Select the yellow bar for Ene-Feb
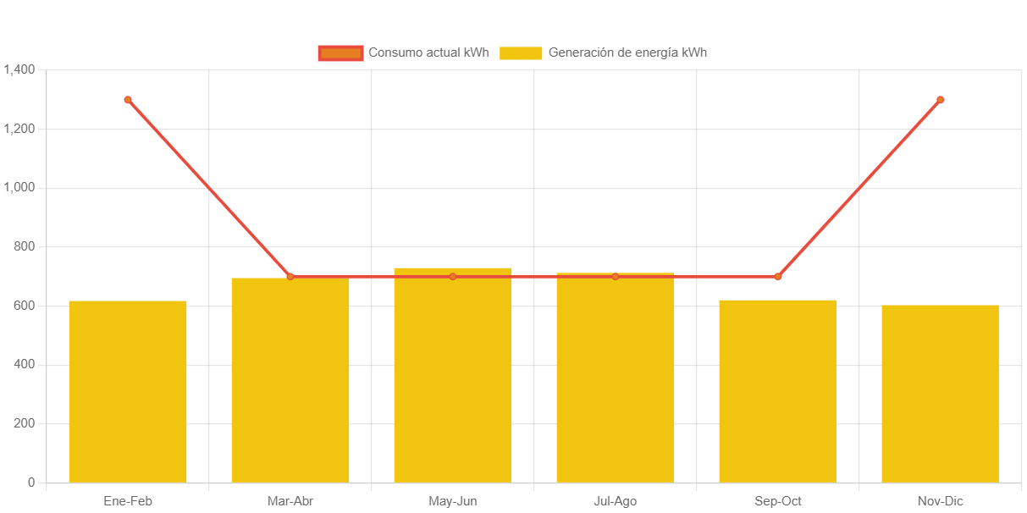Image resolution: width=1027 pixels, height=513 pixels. [128, 391]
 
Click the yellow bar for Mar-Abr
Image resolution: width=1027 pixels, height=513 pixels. [290, 380]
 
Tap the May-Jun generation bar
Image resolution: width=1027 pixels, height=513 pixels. [453, 375]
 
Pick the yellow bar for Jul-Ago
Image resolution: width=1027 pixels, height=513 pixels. [616, 378]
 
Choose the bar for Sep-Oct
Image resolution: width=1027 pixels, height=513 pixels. [778, 391]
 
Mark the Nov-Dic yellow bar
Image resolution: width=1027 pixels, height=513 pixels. [940, 394]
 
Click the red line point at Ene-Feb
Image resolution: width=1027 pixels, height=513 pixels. [128, 100]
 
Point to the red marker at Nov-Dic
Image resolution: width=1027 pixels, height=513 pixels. [940, 100]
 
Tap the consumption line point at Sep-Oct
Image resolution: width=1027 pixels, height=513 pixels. [778, 277]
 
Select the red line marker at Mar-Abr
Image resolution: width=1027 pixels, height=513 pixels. [290, 277]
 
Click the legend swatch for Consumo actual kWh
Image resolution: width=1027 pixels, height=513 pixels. [340, 53]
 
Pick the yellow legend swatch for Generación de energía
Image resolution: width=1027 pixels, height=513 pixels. [521, 53]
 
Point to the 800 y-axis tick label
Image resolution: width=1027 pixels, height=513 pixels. [24, 246]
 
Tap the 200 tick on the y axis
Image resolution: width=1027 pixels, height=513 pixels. [24, 423]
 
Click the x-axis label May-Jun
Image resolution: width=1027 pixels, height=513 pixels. [453, 501]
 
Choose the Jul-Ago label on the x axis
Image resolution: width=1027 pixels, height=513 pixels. [616, 501]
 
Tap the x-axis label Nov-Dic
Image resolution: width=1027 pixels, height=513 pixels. [940, 501]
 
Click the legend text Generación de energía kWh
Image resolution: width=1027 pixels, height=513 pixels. [627, 52]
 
